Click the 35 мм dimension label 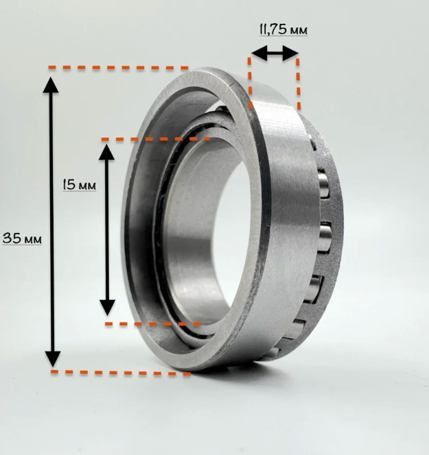pyautogui.click(x=22, y=238)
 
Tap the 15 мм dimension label pyautogui.click(x=80, y=184)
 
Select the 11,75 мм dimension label pyautogui.click(x=283, y=29)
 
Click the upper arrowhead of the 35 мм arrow pyautogui.click(x=51, y=85)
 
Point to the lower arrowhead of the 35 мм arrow pyautogui.click(x=53, y=358)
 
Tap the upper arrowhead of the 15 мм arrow pyautogui.click(x=106, y=152)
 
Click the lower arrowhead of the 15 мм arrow pyautogui.click(x=108, y=308)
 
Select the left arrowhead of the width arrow pyautogui.click(x=259, y=53)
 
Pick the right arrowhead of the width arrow pyautogui.click(x=290, y=53)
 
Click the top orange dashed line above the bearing pyautogui.click(x=118, y=68)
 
